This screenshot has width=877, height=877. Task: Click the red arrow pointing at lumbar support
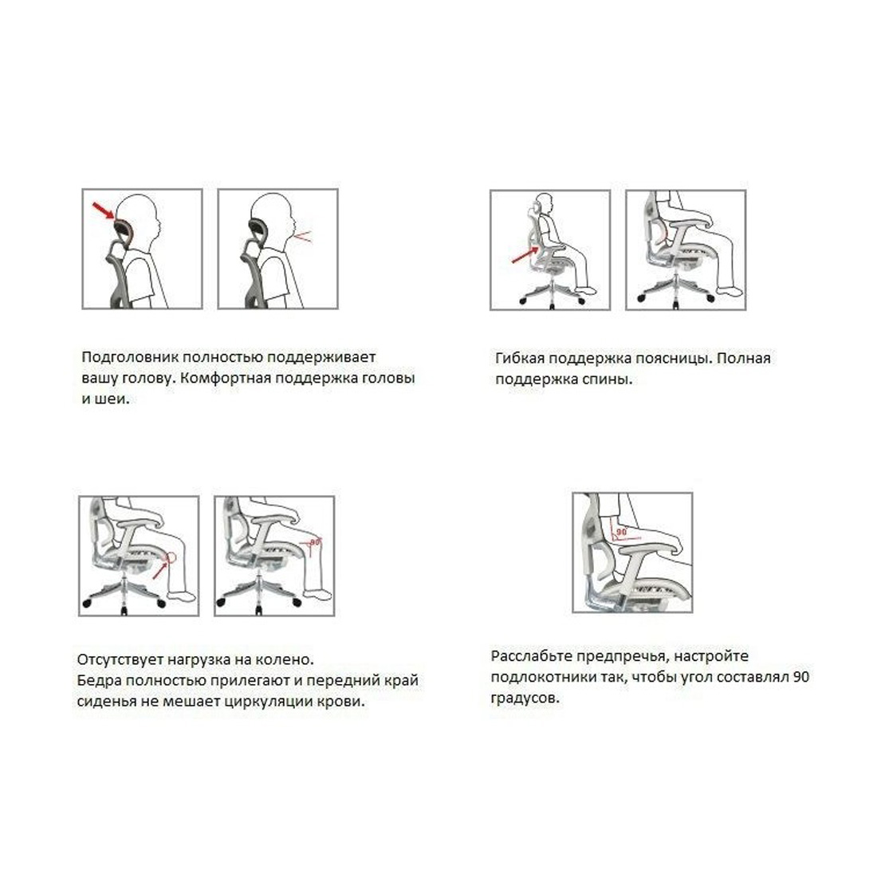pyautogui.click(x=525, y=256)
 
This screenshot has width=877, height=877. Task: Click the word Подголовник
pyautogui.click(x=130, y=357)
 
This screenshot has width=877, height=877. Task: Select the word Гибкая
pyautogui.click(x=520, y=358)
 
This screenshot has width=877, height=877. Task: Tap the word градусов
pyautogui.click(x=525, y=698)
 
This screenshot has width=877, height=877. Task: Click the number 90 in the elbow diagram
pyautogui.click(x=621, y=532)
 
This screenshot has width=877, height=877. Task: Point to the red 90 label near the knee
pyautogui.click(x=316, y=541)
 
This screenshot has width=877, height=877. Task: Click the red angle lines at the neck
pyautogui.click(x=303, y=237)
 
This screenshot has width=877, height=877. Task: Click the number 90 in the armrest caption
pyautogui.click(x=800, y=677)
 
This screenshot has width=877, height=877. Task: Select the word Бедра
pyautogui.click(x=98, y=680)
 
